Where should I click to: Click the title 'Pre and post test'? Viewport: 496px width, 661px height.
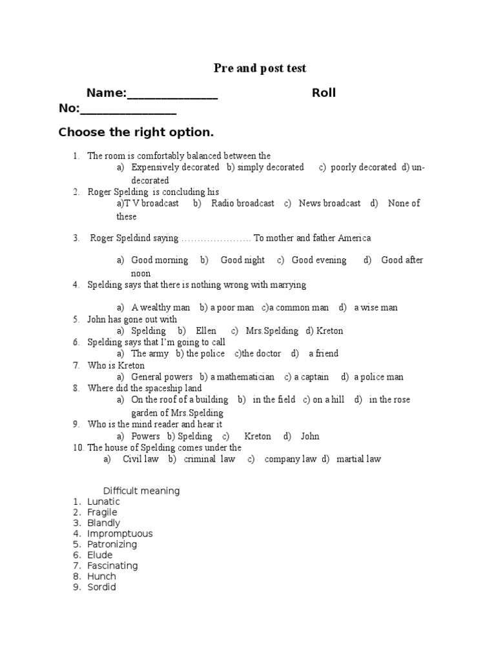260,68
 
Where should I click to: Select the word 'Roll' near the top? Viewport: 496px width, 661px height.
324,93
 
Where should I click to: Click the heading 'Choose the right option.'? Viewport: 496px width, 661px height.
136,132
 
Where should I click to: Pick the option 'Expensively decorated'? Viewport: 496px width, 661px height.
175,167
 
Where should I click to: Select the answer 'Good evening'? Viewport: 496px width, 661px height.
319,260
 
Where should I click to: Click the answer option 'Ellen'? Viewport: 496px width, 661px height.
206,330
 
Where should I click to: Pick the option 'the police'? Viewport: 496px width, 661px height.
205,354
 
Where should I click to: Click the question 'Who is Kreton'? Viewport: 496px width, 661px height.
116,365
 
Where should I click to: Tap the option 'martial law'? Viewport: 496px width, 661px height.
358,460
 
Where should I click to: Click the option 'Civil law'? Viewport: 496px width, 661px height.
140,460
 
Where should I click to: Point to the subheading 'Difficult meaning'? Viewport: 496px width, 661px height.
141,491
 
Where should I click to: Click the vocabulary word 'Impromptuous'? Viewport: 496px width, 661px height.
120,534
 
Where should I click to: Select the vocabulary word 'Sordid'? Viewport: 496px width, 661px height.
101,587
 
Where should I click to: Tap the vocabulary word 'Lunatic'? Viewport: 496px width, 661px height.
103,502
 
